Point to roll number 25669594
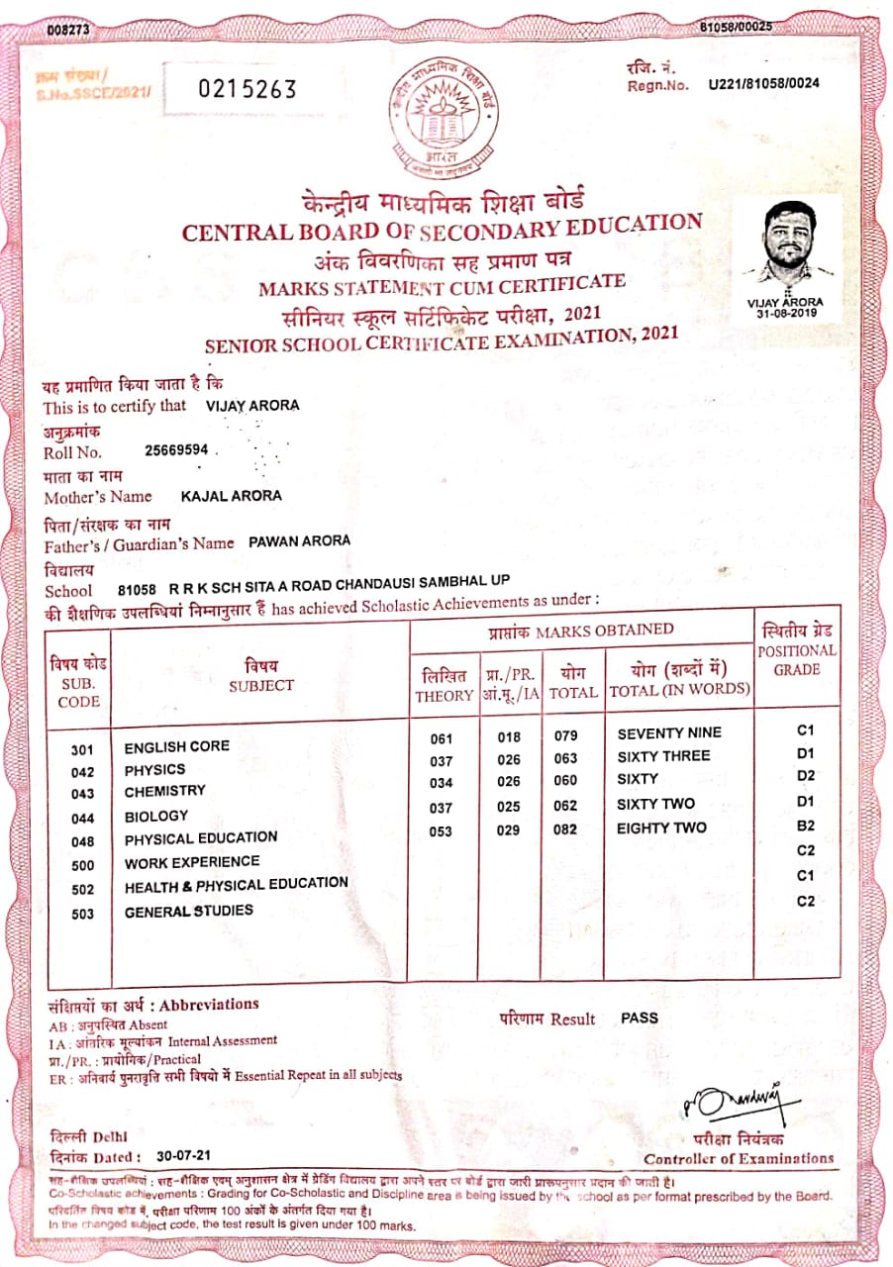(176, 449)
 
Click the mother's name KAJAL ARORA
(232, 496)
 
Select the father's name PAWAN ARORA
(299, 541)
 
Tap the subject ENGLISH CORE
(177, 745)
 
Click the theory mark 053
(441, 830)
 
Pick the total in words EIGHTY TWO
(662, 828)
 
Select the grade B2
(805, 825)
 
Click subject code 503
(83, 913)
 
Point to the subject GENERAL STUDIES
(189, 911)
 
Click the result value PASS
(640, 1017)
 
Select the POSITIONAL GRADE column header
(797, 659)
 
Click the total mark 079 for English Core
(564, 735)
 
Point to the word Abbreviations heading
(209, 1004)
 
